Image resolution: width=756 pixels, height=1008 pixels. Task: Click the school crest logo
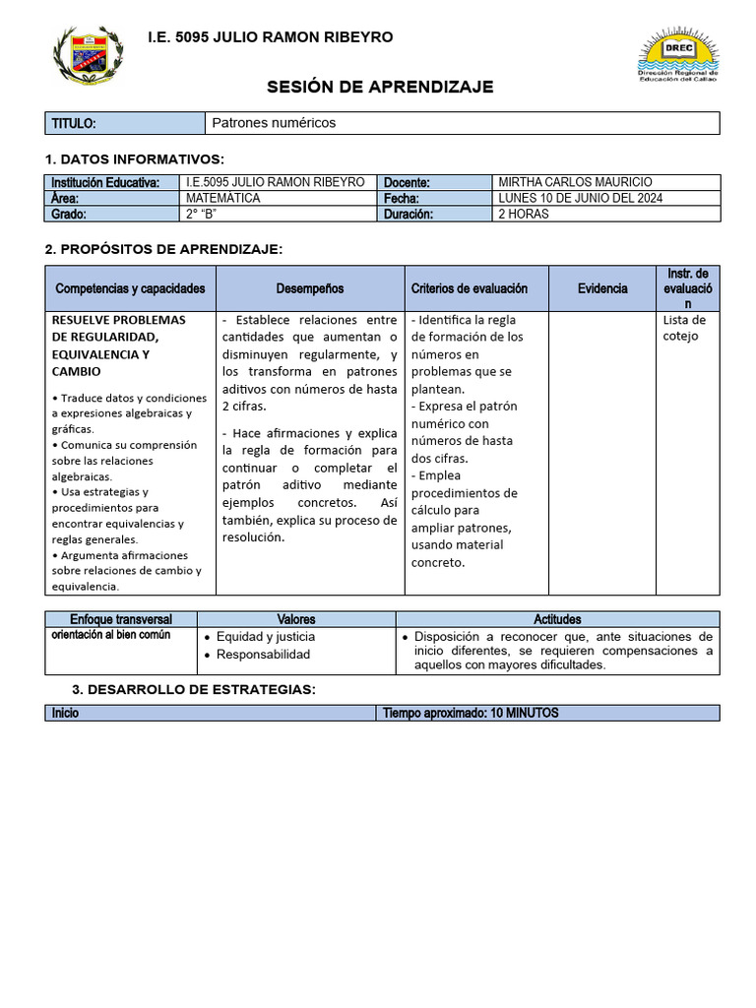(x=88, y=56)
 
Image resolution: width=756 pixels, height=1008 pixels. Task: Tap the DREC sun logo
(x=678, y=55)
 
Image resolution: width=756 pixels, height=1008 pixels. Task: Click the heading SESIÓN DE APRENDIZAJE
(x=380, y=88)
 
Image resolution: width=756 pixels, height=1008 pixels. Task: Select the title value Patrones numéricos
(x=274, y=123)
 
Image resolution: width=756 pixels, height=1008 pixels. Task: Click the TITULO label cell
(x=74, y=123)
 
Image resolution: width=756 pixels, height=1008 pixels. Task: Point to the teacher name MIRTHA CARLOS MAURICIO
(x=575, y=182)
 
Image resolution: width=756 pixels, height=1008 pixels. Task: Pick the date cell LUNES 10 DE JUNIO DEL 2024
(x=581, y=198)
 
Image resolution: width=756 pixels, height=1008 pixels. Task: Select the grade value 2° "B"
(x=201, y=214)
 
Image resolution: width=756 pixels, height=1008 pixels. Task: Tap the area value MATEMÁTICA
(x=223, y=198)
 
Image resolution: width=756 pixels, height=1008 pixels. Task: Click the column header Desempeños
(x=310, y=288)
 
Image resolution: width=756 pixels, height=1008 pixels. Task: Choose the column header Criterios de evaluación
(x=469, y=288)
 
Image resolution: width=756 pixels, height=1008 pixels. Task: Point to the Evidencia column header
(x=602, y=288)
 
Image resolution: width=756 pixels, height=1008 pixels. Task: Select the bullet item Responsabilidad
(x=263, y=655)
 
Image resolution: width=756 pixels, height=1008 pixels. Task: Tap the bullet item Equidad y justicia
(x=266, y=637)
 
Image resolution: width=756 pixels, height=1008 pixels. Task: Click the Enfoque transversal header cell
(x=121, y=619)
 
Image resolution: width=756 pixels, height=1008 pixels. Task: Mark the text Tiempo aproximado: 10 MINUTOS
(x=471, y=713)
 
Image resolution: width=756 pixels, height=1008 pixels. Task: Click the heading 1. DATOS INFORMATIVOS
(x=135, y=159)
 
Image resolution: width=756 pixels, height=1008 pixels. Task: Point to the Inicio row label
(x=65, y=713)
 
